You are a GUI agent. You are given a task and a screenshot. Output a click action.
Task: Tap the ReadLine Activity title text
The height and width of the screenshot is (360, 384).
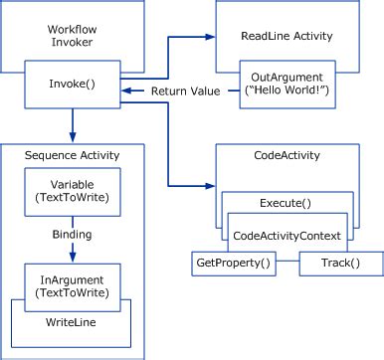click(x=287, y=36)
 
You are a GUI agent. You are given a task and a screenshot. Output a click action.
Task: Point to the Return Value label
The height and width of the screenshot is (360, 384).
click(x=185, y=92)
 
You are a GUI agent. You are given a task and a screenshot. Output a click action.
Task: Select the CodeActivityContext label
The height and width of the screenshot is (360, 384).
click(x=287, y=235)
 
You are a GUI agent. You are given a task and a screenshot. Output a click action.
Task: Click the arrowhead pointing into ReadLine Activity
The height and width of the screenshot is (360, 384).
click(x=209, y=37)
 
